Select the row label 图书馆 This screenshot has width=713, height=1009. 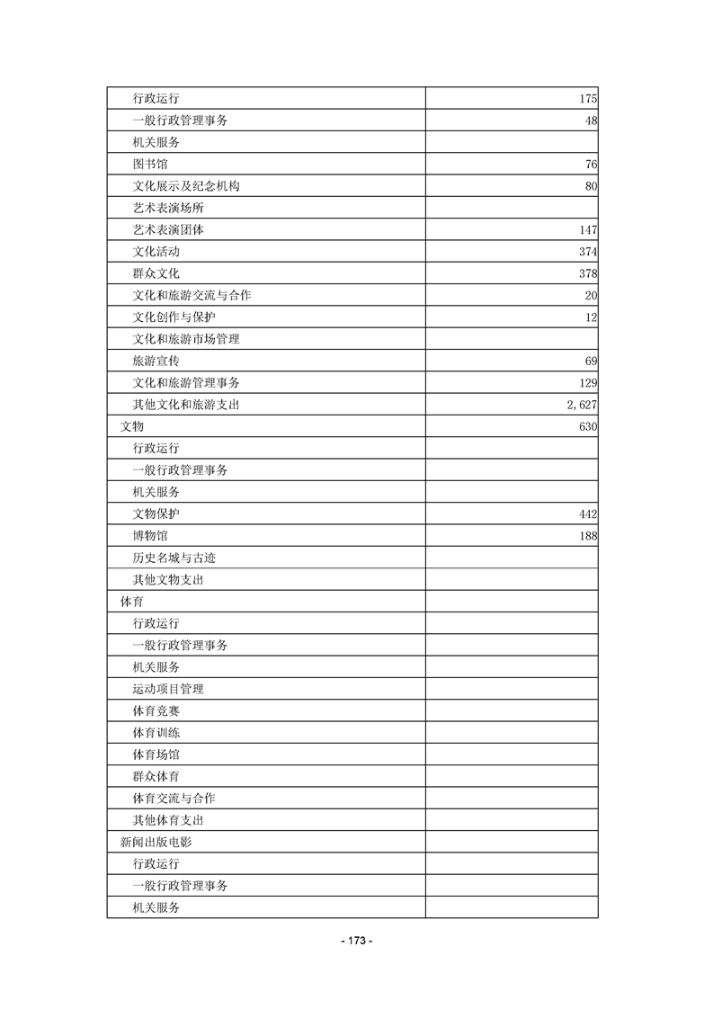[x=149, y=164]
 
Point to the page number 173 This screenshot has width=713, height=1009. [x=357, y=941]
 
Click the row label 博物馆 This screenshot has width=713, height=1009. [x=149, y=536]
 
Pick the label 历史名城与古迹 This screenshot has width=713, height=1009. [x=174, y=558]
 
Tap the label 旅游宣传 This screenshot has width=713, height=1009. [x=156, y=361]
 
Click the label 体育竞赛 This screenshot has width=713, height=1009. [x=156, y=711]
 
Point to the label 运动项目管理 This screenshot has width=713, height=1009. [x=167, y=689]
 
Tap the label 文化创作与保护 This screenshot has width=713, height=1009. [x=174, y=317]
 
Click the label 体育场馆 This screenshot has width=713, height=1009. [x=156, y=755]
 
